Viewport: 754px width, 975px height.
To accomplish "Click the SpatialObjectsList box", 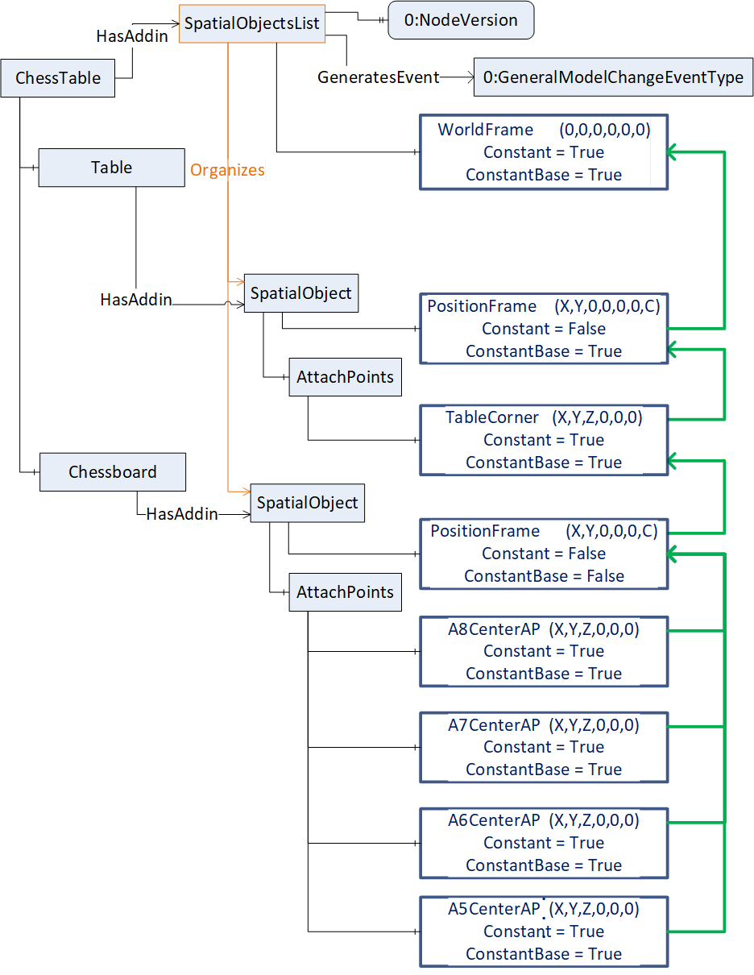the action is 251,24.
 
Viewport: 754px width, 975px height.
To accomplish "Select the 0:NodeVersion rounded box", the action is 461,20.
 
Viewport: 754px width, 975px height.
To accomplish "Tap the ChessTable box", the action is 58,78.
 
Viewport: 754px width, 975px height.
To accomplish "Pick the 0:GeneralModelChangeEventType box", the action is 613,77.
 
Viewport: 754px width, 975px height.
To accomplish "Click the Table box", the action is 112,168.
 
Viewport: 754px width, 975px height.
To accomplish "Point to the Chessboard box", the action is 113,472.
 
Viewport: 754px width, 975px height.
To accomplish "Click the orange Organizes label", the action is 227,170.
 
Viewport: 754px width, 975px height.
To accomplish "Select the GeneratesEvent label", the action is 378,77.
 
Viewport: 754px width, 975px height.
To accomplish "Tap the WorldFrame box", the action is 544,152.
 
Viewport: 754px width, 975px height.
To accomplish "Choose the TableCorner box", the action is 544,440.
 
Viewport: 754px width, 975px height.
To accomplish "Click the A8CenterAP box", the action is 544,652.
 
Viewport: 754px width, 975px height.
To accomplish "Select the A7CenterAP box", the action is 544,748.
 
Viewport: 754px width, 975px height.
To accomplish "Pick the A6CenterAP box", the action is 544,843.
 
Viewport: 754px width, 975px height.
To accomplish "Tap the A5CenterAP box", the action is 544,931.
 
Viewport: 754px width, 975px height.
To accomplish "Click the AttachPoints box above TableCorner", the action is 346,377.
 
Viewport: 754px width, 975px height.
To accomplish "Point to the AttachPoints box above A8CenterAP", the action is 346,592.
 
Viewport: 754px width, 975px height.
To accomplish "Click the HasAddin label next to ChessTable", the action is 132,36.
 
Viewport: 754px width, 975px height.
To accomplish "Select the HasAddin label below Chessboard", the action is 182,514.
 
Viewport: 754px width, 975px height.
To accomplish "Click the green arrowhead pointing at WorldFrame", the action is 672,152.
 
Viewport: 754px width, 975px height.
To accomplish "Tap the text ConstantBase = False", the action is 544,576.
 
